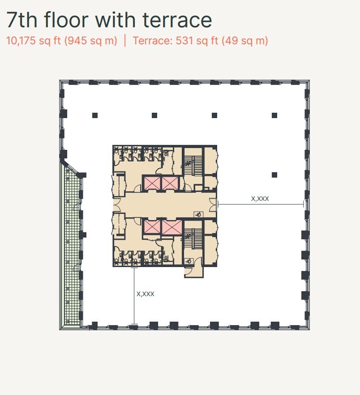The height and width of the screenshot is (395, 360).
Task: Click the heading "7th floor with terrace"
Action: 109,20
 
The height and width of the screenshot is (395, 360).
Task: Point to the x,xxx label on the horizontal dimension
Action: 260,199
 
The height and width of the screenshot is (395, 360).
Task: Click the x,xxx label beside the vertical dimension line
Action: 145,294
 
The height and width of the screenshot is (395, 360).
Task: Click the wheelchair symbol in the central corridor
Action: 198,215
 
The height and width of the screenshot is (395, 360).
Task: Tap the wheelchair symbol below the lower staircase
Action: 189,261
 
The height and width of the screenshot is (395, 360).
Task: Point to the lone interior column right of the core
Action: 274,175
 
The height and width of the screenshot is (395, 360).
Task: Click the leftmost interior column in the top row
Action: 95,115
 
